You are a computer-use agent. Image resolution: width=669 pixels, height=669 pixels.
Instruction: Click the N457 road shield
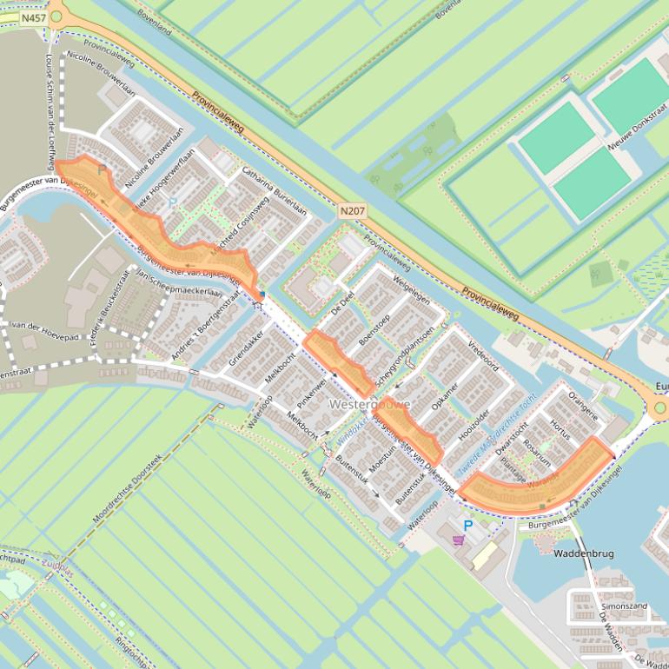point(33,17)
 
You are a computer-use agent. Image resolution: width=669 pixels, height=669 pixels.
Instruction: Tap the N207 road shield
point(352,210)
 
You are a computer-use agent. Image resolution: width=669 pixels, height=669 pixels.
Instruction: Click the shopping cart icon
point(458,540)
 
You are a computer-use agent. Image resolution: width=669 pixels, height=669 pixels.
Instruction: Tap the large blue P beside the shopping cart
point(468,526)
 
